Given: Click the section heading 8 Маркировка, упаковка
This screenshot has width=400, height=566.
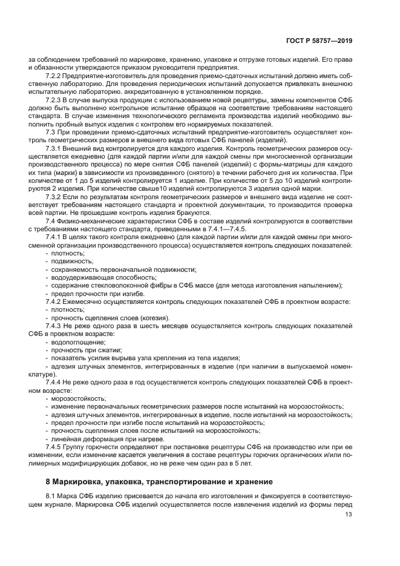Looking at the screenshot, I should coord(151,482).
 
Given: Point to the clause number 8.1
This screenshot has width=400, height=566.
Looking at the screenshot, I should coord(51,497).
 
